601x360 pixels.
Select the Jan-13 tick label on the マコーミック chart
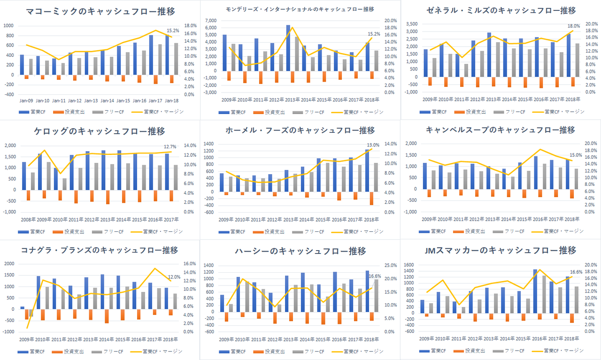(x=91, y=101)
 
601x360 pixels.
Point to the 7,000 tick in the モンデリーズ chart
(x=211, y=21)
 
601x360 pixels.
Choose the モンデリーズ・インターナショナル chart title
(x=300, y=9)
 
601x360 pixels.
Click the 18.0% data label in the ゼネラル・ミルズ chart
(x=574, y=26)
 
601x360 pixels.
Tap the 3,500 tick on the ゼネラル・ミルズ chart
(x=412, y=24)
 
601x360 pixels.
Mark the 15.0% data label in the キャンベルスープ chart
(x=575, y=155)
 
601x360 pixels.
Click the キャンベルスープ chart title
(x=500, y=130)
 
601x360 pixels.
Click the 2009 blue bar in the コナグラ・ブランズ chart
(x=22, y=308)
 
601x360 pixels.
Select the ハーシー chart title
(x=300, y=251)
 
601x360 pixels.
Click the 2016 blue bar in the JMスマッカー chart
(x=535, y=291)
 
